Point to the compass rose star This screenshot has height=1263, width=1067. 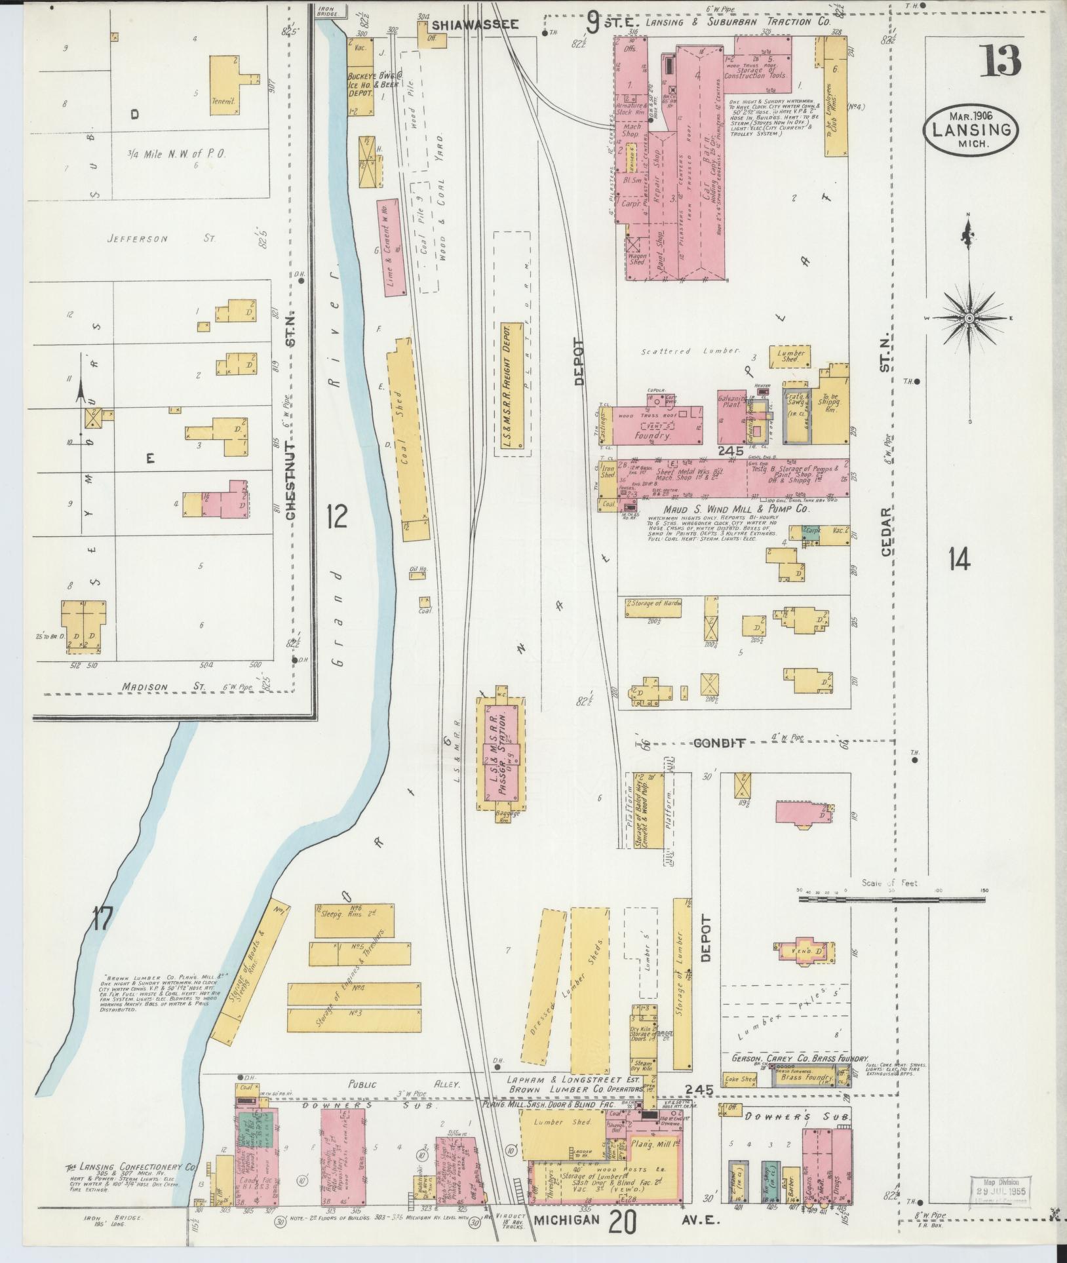[969, 319]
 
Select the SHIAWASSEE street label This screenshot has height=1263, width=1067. [475, 24]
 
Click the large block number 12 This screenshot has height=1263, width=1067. [337, 518]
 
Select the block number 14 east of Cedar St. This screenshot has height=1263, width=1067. [958, 559]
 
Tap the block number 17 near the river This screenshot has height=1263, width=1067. [102, 918]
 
